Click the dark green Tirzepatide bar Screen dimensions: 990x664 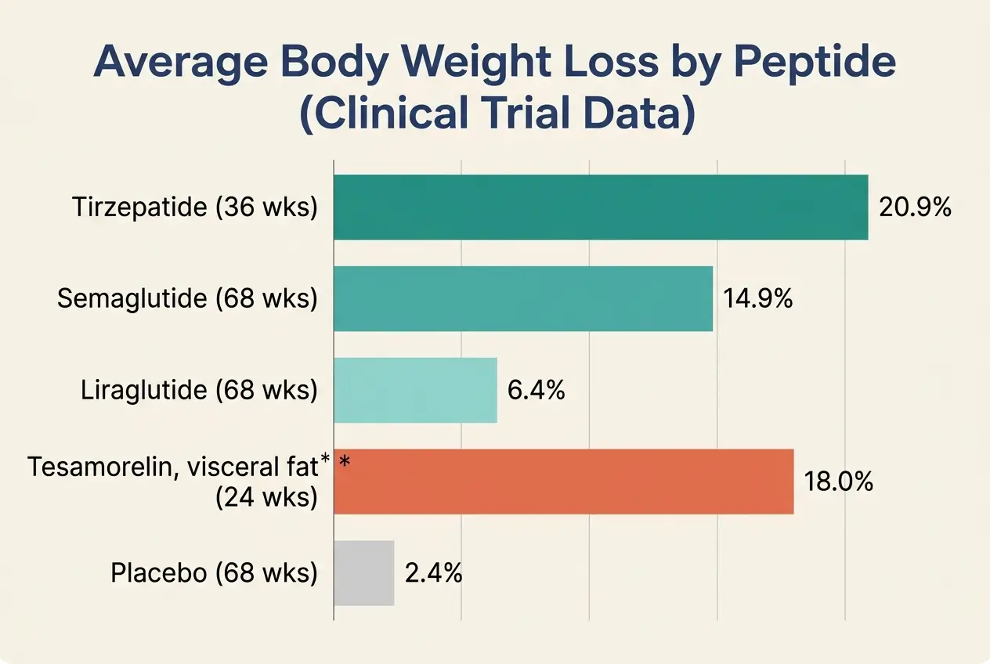(x=601, y=207)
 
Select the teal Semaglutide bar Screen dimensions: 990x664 (x=523, y=298)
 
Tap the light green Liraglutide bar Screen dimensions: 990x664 (x=415, y=390)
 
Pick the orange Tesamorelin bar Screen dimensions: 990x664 (x=564, y=482)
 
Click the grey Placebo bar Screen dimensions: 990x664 (x=363, y=573)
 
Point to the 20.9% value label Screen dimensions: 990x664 (x=915, y=207)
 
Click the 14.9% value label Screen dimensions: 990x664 (x=758, y=299)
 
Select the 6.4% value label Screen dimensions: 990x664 (x=537, y=391)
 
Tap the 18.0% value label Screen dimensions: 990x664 (x=838, y=482)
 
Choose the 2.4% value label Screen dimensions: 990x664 (x=433, y=574)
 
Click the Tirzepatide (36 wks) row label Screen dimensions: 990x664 (x=194, y=207)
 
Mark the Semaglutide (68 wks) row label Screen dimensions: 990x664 (x=187, y=299)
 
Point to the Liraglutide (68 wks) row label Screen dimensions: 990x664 (x=199, y=391)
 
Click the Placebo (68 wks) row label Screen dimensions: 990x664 (x=214, y=574)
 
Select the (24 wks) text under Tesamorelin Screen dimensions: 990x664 (x=266, y=496)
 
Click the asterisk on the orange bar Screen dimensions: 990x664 (x=345, y=464)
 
